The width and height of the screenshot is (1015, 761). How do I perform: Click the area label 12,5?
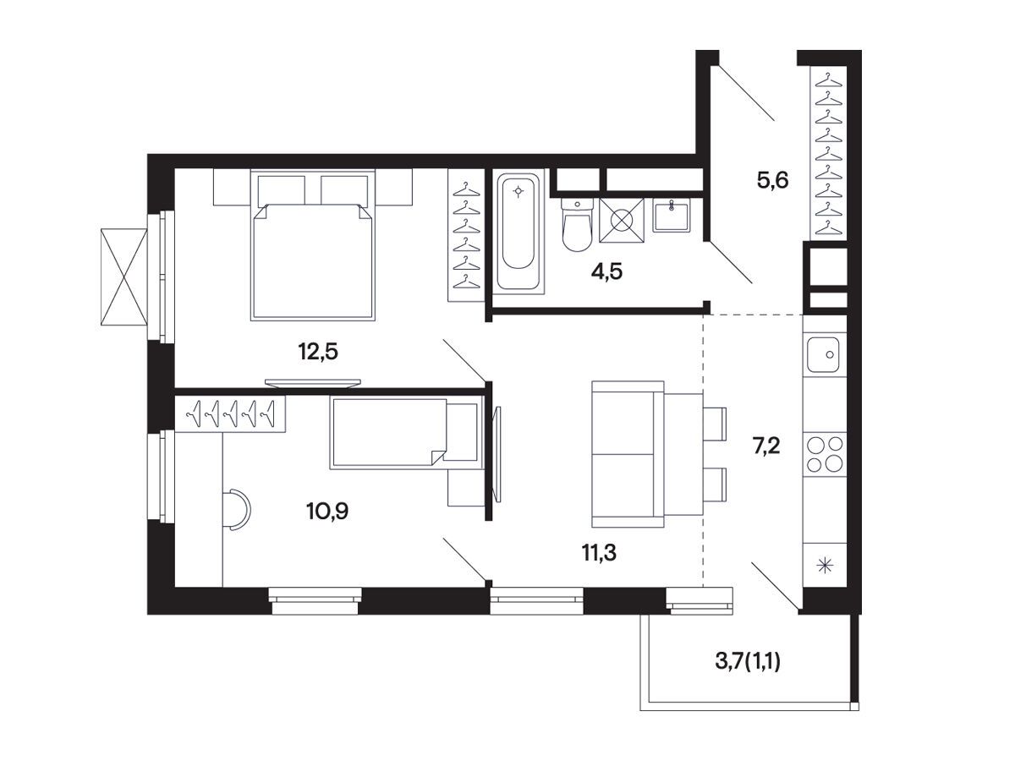(318, 352)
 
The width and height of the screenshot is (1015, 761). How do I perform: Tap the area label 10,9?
(327, 511)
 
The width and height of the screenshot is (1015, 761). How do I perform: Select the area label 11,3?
(599, 553)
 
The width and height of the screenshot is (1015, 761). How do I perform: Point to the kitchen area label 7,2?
(766, 446)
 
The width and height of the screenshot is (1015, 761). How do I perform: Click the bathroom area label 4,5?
(606, 271)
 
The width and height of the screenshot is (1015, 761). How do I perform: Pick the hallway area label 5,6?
(772, 180)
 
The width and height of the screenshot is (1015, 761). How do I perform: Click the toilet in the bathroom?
(577, 225)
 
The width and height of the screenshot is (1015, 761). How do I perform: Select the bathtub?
(518, 232)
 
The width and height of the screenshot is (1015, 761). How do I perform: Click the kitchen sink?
(823, 354)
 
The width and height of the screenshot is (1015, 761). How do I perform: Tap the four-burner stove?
(825, 454)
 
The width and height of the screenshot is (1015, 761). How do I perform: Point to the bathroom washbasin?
(671, 216)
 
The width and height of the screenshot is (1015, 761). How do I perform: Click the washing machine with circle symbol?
(622, 221)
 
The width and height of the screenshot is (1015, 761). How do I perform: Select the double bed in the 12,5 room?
(313, 245)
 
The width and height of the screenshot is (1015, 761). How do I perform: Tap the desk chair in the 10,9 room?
(237, 510)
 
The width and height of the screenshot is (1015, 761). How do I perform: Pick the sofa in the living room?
(628, 454)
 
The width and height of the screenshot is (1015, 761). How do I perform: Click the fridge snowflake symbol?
(825, 566)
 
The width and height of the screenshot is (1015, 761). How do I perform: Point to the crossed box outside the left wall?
(124, 276)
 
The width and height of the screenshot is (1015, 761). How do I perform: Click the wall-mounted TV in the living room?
(497, 454)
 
